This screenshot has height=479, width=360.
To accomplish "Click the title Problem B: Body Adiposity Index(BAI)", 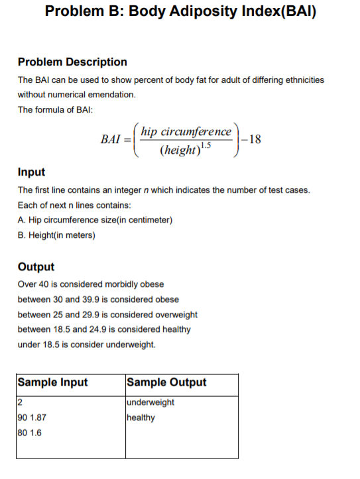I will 180,13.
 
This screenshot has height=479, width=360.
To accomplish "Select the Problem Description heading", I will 72,62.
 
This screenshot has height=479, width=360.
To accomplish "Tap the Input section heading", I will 31,172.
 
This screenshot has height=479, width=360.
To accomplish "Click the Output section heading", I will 36,267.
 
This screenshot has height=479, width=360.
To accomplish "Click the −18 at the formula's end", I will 252,139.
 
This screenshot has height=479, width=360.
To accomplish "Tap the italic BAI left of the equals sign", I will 111,140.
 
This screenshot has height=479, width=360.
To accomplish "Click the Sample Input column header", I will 52,382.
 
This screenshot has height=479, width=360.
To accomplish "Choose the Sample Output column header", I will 166,382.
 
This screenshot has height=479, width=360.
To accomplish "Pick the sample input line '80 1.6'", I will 30,433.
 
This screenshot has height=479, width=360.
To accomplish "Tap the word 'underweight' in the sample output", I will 150,403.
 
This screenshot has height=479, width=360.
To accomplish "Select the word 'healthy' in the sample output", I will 140,418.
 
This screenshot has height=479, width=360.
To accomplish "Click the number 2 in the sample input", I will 20,403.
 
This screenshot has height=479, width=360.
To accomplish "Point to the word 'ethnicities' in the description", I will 304,80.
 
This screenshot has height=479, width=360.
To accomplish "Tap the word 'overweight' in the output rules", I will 177,315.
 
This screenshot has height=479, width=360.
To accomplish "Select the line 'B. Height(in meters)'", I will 56,235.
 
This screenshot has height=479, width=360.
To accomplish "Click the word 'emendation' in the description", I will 112,95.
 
